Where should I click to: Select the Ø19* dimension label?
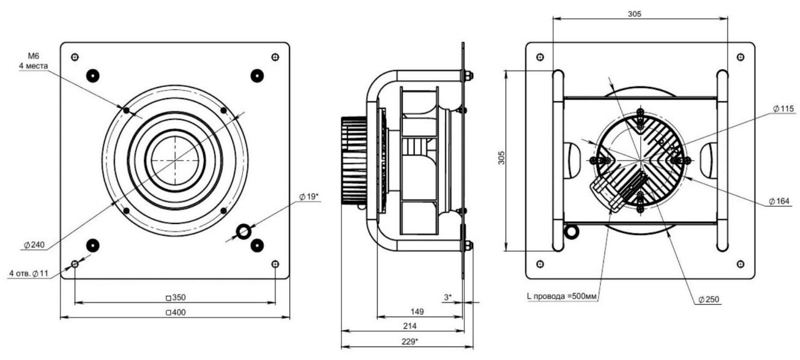click(310, 197)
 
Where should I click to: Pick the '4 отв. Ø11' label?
click(29, 273)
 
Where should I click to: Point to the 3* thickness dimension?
click(449, 297)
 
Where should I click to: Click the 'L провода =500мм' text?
click(562, 297)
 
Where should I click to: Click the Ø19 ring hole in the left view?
click(244, 231)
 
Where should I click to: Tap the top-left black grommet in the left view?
click(92, 75)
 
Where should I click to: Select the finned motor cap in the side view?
click(352, 163)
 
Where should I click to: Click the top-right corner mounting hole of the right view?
click(741, 57)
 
